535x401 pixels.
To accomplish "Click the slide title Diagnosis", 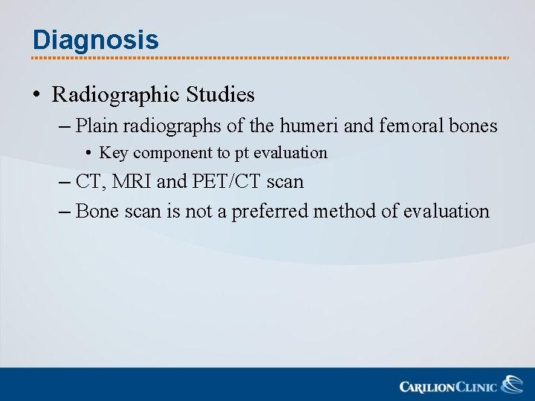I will (95, 39).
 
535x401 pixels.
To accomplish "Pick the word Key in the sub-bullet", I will (113, 153).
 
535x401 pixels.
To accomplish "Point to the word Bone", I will (94, 212).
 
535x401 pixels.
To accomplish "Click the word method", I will (345, 212).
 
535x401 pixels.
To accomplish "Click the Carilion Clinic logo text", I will (450, 386).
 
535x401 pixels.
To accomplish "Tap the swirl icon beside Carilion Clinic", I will (511, 385).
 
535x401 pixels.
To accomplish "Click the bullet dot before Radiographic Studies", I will (36, 96).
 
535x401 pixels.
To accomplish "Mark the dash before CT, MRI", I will (64, 182).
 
